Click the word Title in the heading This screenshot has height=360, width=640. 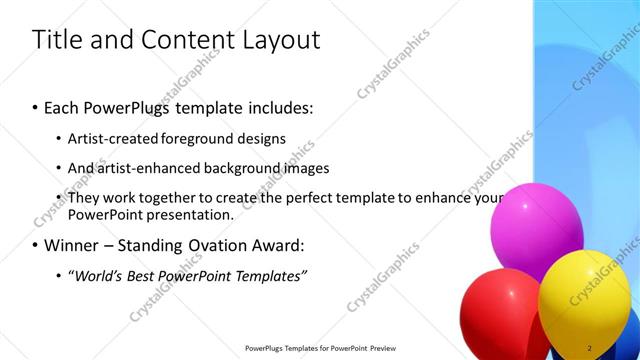point(59,40)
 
